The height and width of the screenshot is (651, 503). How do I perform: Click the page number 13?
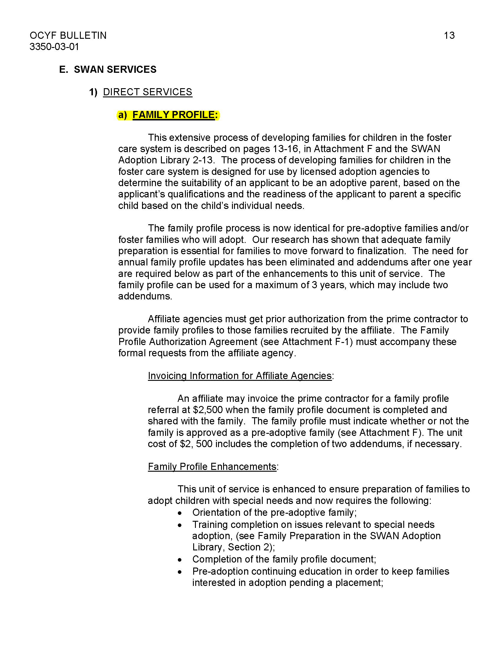449,36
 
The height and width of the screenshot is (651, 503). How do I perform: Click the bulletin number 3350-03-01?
54,47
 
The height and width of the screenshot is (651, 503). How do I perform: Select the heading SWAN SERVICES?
115,70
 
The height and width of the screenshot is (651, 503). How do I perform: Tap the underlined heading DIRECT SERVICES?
148,92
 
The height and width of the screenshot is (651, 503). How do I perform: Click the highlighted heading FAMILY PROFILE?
173,115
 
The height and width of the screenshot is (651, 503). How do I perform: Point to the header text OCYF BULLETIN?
68,36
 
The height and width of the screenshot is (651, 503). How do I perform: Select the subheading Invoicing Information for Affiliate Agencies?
240,376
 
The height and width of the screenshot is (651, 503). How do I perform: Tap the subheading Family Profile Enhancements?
212,466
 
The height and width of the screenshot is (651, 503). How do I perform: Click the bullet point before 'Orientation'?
180,513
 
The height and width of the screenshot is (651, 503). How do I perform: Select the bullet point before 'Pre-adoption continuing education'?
180,572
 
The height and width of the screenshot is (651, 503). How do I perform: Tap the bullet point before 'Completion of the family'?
180,560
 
